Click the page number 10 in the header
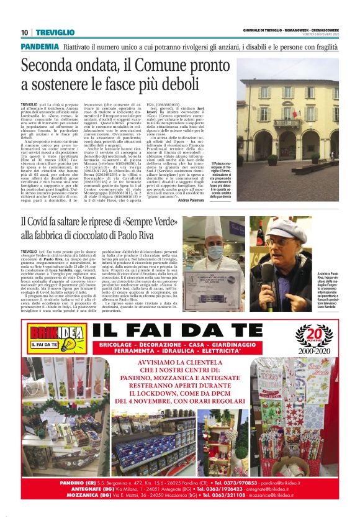click(24, 32)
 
